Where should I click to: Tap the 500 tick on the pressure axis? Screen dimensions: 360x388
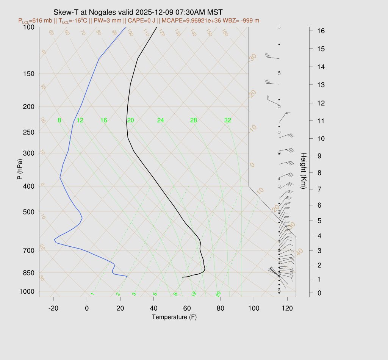(x=28, y=212)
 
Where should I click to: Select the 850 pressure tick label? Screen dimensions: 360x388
(x=28, y=273)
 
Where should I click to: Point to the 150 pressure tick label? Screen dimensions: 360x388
(x=28, y=74)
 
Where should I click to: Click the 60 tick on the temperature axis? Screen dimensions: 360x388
(x=187, y=308)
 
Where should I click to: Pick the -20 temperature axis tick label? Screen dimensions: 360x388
(x=53, y=308)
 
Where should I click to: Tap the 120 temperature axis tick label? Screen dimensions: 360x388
(x=287, y=308)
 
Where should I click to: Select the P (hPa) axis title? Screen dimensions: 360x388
(x=20, y=169)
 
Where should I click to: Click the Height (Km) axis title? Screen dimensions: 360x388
(x=303, y=171)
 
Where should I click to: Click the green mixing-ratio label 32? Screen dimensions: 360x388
(x=228, y=121)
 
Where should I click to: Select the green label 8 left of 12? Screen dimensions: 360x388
(x=59, y=121)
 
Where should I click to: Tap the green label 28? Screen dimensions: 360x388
(x=194, y=121)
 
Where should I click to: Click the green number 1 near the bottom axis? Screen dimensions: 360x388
(x=92, y=294)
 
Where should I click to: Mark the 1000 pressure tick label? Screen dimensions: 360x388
(x=27, y=291)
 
